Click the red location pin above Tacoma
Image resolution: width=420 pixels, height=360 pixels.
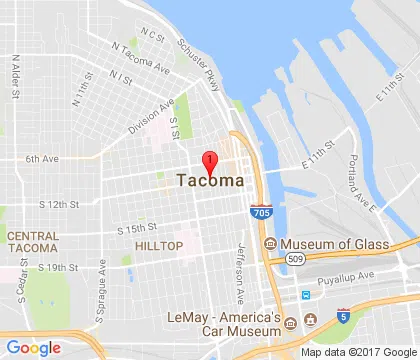(209, 162)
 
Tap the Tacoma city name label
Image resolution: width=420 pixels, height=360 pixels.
(209, 181)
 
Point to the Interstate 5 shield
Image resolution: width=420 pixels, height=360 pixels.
(344, 316)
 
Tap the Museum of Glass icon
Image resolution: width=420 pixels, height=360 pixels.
(270, 244)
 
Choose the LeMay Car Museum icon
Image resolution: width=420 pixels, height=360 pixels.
(291, 323)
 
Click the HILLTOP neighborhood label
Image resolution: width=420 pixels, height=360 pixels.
(159, 245)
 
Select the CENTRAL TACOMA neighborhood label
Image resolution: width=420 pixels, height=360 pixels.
(33, 241)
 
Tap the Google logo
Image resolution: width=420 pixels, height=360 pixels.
(33, 347)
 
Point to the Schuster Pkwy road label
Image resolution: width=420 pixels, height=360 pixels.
(196, 57)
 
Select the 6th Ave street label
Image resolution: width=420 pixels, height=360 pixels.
(42, 158)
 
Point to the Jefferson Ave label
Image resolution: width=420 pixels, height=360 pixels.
(241, 273)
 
